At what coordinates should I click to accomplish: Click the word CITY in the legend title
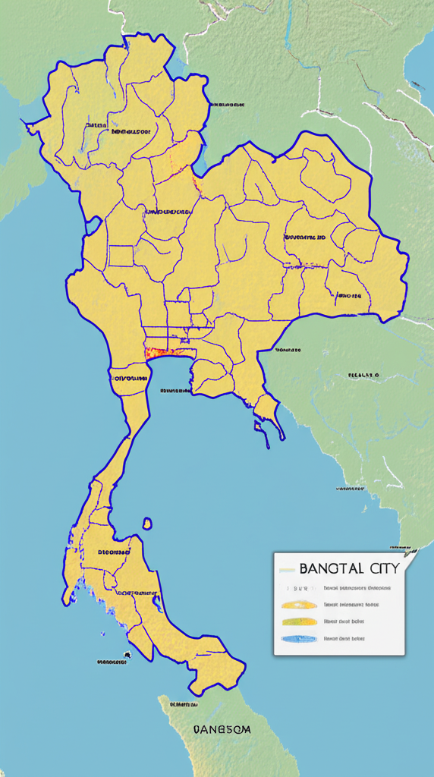(x=383, y=568)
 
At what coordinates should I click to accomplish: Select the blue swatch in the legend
(x=299, y=639)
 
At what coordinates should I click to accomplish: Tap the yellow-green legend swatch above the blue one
(x=299, y=621)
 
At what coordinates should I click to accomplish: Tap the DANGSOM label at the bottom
(x=222, y=729)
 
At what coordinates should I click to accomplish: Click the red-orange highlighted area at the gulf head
(x=162, y=351)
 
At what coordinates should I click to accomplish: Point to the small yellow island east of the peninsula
(x=147, y=523)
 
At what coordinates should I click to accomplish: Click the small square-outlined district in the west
(x=121, y=256)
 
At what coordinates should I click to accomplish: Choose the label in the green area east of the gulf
(x=363, y=375)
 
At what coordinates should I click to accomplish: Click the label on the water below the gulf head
(x=175, y=391)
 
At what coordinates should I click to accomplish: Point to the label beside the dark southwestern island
(x=112, y=662)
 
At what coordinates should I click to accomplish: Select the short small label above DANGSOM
(x=184, y=704)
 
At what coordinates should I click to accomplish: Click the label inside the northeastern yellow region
(x=305, y=237)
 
